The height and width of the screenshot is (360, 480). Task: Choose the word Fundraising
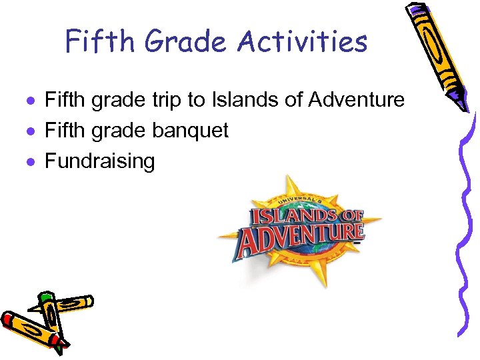tap(99, 161)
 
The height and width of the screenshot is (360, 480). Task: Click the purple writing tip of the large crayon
tap(464, 105)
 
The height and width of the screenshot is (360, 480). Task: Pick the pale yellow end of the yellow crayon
tap(87, 302)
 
